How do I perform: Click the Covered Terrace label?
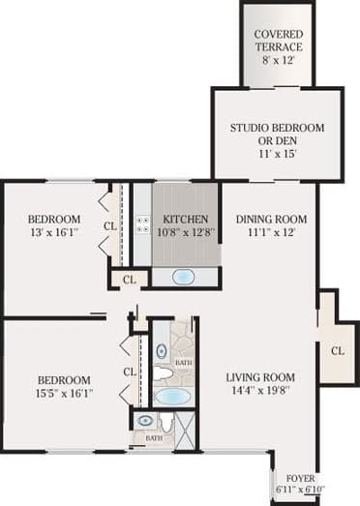coord(278,41)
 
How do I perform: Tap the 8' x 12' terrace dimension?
coord(278,60)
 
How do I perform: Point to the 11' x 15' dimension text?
coord(277,153)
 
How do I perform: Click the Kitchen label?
coord(185,219)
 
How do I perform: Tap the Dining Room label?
coord(270,219)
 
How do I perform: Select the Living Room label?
coord(260,377)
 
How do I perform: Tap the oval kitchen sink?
coord(182,277)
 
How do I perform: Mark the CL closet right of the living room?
coord(337,349)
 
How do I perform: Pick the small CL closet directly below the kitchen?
coord(128,281)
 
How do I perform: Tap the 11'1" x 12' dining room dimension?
coord(270,233)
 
